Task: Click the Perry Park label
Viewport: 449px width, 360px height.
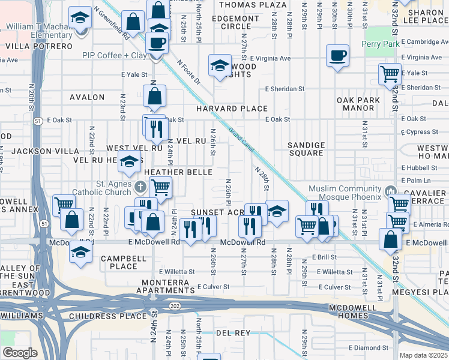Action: [x=381, y=44]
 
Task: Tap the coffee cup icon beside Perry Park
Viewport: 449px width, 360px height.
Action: [x=338, y=56]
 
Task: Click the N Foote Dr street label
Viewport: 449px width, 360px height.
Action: [x=188, y=71]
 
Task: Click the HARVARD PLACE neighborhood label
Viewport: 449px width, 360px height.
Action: [x=232, y=109]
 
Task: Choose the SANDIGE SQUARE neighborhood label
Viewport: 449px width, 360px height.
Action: [x=306, y=149]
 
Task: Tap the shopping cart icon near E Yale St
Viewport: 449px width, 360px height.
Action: [x=390, y=74]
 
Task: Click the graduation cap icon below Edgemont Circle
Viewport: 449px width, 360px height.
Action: [x=220, y=65]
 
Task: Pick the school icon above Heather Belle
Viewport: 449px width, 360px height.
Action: [x=129, y=161]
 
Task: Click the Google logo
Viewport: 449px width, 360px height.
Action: [x=19, y=353]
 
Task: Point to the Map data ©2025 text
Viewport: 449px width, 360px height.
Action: [x=423, y=355]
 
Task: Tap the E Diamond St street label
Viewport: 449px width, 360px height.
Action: [x=369, y=347]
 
